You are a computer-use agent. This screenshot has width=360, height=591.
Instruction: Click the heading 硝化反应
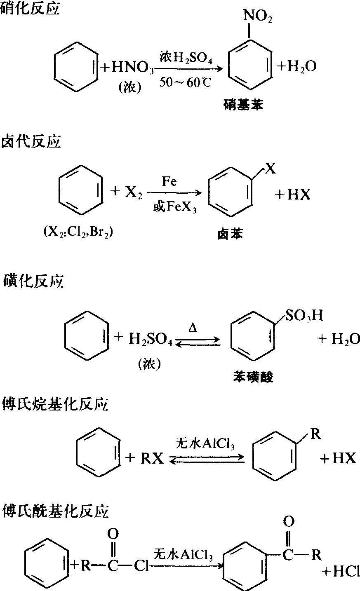pyautogui.click(x=31, y=9)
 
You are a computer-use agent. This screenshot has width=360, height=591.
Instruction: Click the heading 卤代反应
pyautogui.click(x=31, y=142)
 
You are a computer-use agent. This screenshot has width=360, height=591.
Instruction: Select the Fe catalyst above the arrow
pyautogui.click(x=169, y=182)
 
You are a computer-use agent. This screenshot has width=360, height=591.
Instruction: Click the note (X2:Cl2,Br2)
pyautogui.click(x=78, y=232)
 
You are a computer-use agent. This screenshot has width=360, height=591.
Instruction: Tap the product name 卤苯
pyautogui.click(x=230, y=235)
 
